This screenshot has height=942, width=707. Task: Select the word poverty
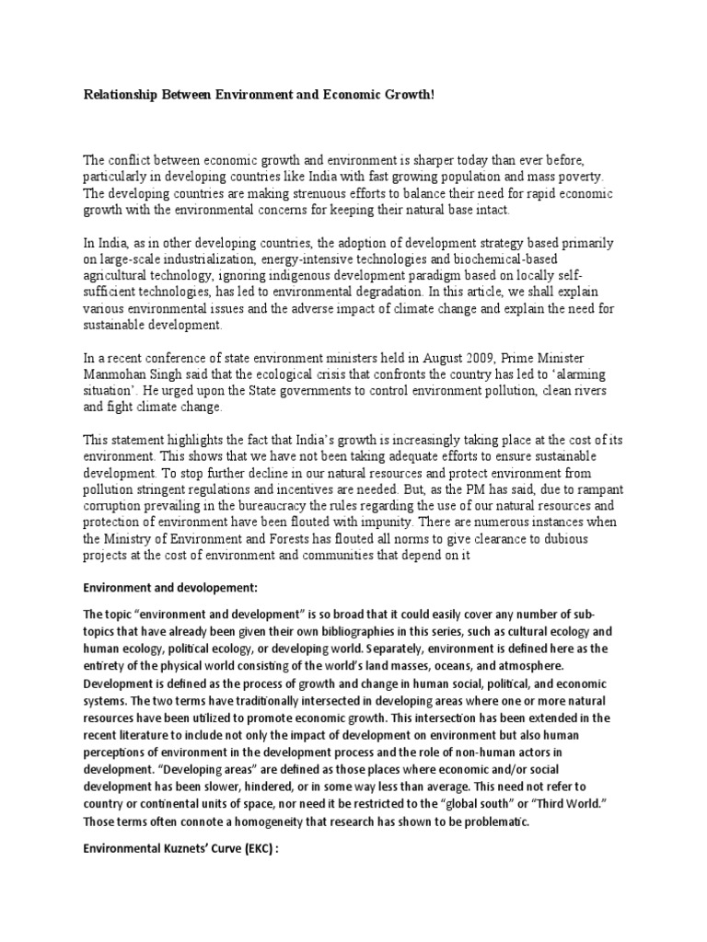click(x=576, y=177)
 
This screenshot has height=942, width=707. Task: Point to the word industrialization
click(x=203, y=260)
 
